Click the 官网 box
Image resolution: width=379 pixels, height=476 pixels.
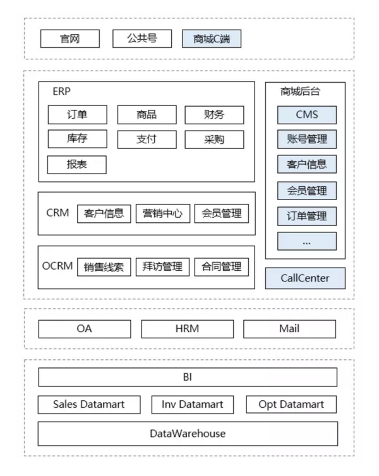point(70,39)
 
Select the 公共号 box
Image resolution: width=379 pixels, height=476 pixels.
point(142,39)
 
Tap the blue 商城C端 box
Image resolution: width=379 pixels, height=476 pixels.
point(212,39)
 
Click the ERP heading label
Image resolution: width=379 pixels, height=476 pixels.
point(62,91)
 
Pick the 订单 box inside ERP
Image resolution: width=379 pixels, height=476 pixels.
point(78,115)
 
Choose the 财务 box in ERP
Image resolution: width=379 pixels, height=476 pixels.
point(214,115)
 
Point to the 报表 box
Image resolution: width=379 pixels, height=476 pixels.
point(77,165)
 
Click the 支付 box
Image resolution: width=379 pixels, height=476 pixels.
point(147,140)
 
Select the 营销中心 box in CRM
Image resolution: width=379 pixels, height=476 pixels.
point(163,214)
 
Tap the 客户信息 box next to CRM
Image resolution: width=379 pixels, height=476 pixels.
point(104,214)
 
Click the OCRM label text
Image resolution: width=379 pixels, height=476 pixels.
point(57,266)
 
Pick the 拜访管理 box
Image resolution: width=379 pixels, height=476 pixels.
point(162,267)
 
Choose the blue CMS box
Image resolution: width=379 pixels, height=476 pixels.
point(307,115)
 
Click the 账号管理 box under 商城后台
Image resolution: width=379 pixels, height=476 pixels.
point(307,140)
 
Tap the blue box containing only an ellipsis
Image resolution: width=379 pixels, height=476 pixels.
point(307,241)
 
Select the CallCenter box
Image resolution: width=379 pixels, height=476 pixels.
point(305,278)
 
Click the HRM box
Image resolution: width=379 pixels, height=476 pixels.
point(188,329)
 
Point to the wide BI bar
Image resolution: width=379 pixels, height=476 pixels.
point(188,377)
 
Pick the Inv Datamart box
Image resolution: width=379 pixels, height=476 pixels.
point(193,405)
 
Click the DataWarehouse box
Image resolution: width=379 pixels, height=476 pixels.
point(188,434)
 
